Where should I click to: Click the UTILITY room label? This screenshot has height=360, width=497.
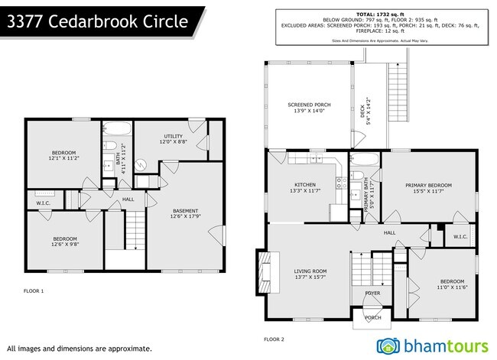click(x=174, y=138)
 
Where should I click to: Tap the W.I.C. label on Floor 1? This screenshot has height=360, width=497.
click(x=43, y=203)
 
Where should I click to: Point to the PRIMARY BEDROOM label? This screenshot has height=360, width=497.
click(x=428, y=188)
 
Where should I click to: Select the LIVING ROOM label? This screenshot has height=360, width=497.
click(x=310, y=274)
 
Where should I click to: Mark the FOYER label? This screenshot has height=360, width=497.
click(x=372, y=293)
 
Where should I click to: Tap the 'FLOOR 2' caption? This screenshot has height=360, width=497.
click(x=274, y=339)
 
